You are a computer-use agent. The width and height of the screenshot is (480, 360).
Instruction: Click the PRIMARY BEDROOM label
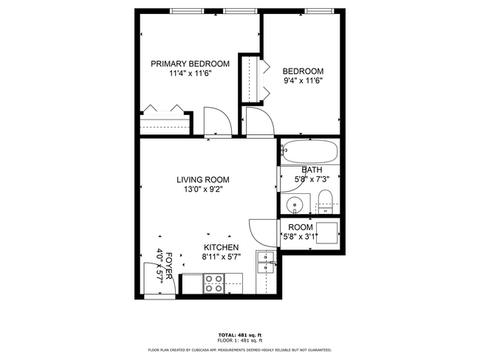[190, 63]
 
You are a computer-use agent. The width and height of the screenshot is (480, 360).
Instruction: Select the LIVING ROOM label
[202, 179]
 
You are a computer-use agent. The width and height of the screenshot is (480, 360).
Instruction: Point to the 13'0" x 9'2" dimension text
[202, 190]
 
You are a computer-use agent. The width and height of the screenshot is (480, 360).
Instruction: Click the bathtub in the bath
[310, 153]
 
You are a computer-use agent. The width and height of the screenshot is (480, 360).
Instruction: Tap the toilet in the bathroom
[326, 198]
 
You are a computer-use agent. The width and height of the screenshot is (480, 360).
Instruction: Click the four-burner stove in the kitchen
[214, 284]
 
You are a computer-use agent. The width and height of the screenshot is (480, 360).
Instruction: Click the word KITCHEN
[221, 247]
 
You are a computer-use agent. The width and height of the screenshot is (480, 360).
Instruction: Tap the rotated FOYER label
[169, 264]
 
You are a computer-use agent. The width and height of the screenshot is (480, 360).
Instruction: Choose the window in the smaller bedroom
[317, 10]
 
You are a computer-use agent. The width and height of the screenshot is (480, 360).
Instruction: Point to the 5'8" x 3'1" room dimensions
[301, 237]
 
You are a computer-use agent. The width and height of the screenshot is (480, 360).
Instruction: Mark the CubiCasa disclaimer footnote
[239, 350]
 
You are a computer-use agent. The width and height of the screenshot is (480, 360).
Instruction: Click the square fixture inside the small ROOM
[327, 230]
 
